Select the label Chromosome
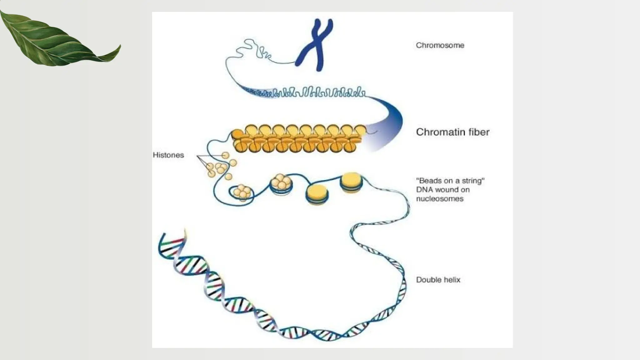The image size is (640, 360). (x=440, y=45)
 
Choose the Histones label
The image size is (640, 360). (x=168, y=155)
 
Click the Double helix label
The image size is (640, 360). (x=438, y=280)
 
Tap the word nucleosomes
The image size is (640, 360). (x=439, y=199)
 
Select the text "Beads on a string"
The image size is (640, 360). (x=450, y=181)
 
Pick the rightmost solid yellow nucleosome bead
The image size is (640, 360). (x=351, y=182)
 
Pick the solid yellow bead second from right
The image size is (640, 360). (x=317, y=194)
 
